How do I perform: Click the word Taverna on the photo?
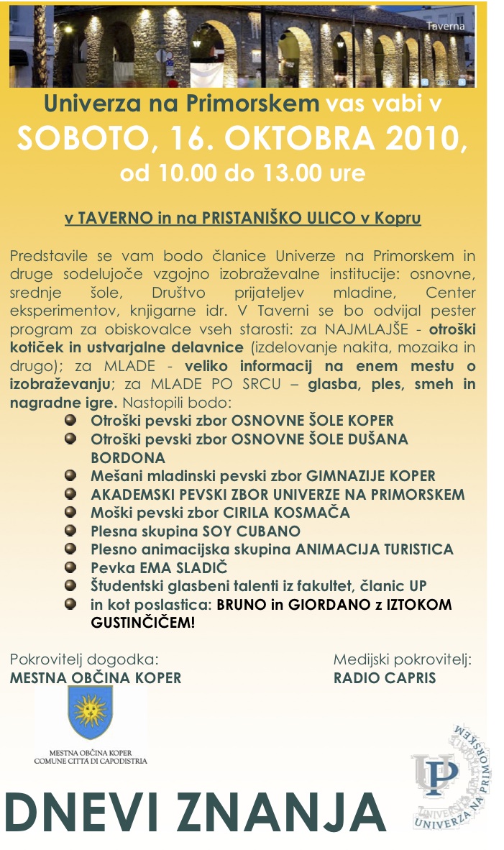point(445,26)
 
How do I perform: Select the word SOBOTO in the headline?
point(83,139)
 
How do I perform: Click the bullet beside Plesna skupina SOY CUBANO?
point(70,531)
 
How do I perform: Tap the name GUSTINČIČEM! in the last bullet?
point(142,623)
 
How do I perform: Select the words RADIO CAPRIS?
point(385,678)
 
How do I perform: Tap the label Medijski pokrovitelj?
point(402,659)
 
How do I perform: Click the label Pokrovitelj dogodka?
point(83,659)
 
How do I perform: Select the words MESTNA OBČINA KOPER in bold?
point(96,678)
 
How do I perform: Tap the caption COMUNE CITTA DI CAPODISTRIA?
point(91,760)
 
